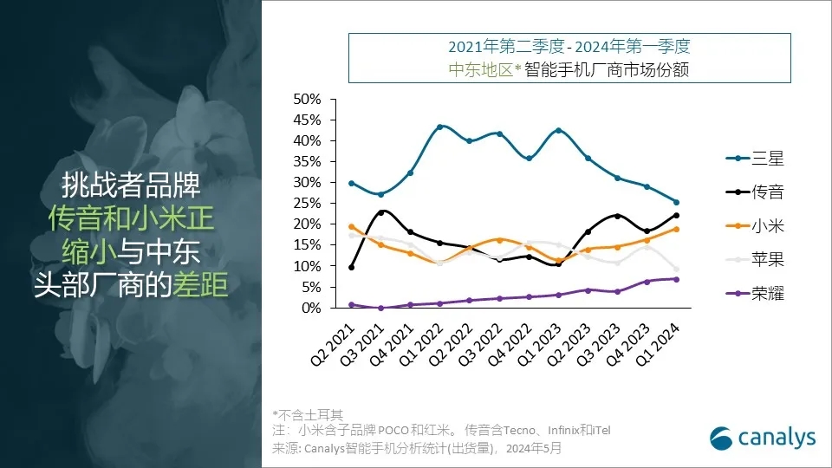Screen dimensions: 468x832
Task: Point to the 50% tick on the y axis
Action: coord(308,99)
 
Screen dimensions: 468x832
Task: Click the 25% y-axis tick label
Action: coord(308,204)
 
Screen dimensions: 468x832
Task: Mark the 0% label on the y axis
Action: coord(311,308)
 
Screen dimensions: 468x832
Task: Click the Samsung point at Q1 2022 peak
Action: coord(439,127)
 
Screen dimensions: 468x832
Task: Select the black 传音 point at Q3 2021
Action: coord(380,211)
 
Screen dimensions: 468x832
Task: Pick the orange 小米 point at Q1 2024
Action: coord(676,229)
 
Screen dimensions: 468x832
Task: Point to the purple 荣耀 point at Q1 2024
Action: coord(676,279)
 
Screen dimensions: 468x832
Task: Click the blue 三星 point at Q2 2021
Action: coord(351,183)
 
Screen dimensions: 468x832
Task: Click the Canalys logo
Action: coord(763,438)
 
